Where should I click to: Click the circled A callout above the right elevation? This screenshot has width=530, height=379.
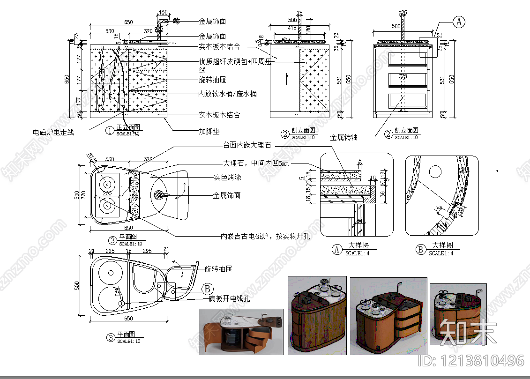point(459,21)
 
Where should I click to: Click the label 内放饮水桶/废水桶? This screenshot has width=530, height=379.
point(227,94)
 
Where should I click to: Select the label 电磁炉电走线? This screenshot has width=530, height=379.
point(53,132)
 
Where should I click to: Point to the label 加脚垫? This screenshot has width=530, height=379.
point(209,132)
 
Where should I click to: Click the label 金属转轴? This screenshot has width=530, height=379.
point(344,137)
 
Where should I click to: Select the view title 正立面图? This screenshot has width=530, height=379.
point(128,127)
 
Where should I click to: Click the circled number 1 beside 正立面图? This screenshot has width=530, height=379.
point(110,130)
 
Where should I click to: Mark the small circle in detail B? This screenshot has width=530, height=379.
point(436,171)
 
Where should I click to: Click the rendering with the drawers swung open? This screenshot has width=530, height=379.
point(241,332)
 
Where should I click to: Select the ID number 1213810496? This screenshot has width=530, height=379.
point(470,360)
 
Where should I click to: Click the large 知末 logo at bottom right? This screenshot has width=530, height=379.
point(469,332)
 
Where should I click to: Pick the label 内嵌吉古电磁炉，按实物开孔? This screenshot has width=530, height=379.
point(265,236)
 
